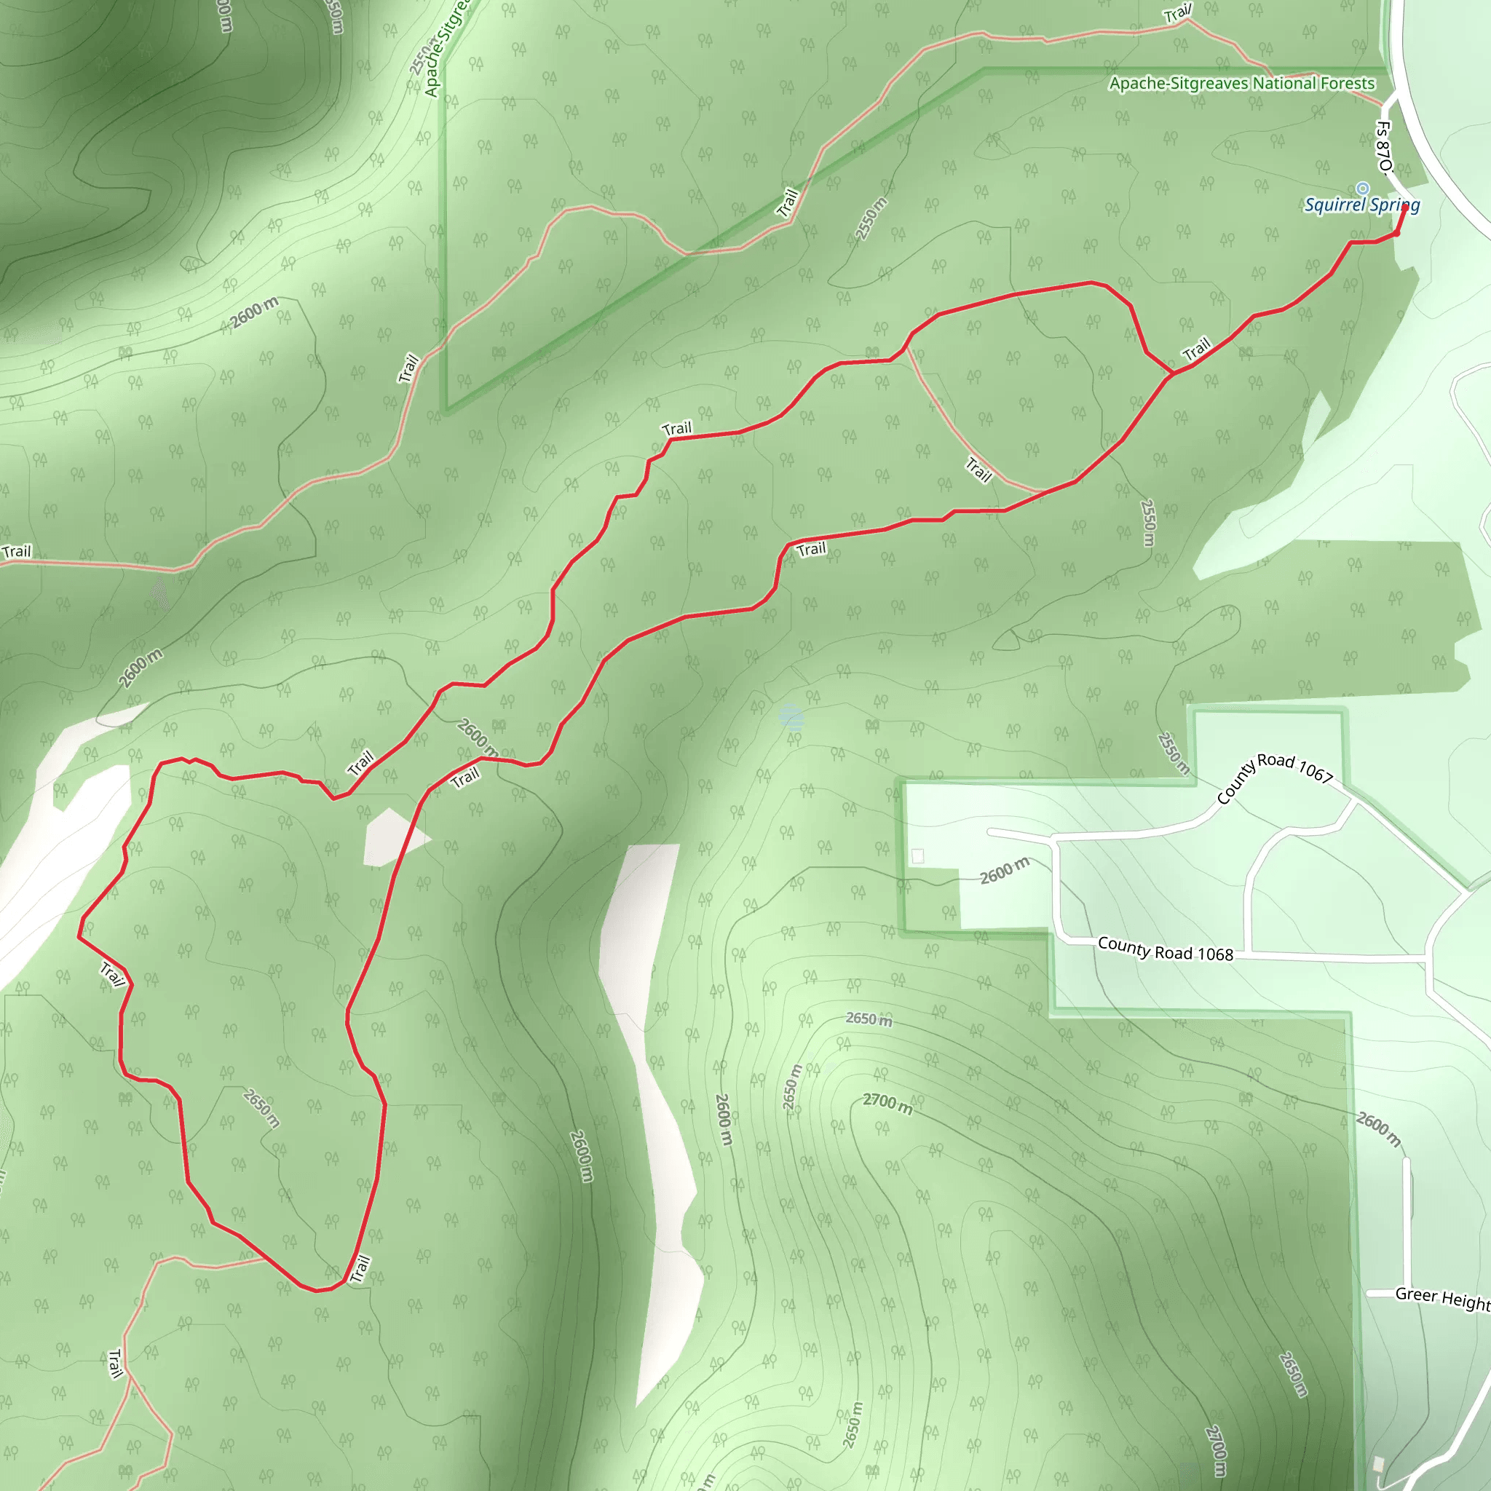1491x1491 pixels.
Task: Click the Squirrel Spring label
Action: pos(1361,205)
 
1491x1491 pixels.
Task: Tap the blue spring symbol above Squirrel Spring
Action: pos(1363,189)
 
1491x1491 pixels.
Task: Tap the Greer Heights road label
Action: pos(1442,1298)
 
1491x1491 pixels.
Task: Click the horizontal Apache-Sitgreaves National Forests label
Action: pos(1242,83)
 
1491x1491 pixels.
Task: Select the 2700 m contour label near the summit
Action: pos(887,1104)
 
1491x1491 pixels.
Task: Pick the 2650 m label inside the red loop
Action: pos(261,1108)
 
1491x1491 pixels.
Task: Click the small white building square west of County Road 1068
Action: pos(917,856)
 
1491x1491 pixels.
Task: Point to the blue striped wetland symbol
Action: pos(792,718)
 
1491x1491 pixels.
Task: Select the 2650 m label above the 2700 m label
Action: pos(869,1019)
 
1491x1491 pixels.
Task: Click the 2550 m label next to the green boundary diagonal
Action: pos(872,218)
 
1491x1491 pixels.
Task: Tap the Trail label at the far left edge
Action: pos(17,552)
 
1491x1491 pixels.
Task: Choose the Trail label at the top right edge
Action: pos(1178,13)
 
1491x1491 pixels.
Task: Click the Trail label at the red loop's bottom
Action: pos(360,1269)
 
